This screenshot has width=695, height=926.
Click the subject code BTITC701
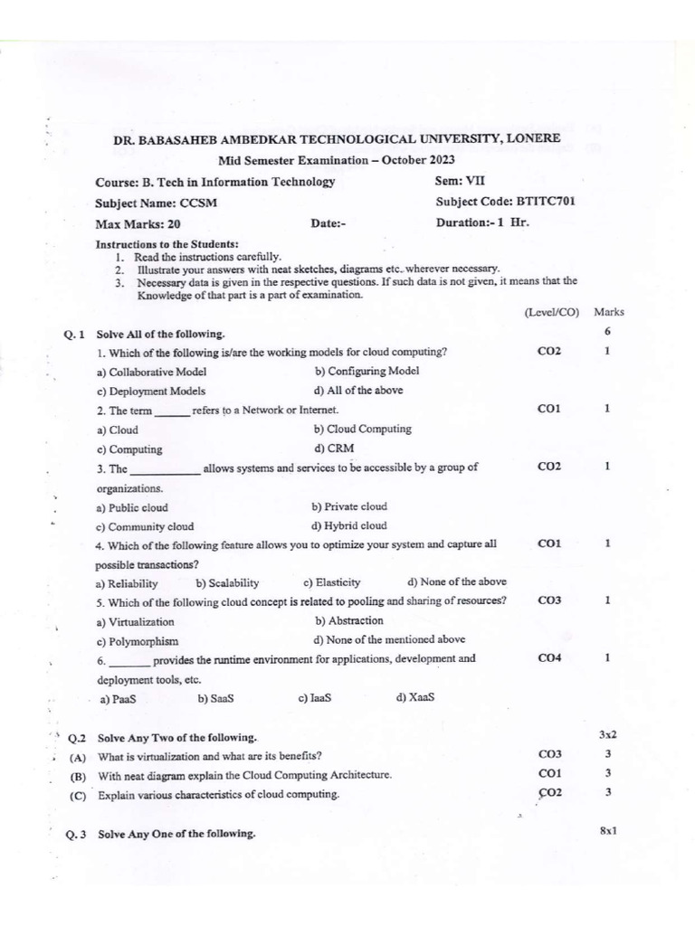(545, 202)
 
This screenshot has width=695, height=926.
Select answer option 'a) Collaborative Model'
(151, 372)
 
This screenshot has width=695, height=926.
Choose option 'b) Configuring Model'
(367, 371)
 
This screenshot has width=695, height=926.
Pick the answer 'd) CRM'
(334, 448)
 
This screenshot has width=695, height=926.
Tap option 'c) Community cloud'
(145, 526)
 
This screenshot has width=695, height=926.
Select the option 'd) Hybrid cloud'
(349, 525)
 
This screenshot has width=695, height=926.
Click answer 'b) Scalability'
(227, 583)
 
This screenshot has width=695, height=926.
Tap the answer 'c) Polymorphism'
(138, 641)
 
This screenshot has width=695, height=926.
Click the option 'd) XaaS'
(415, 697)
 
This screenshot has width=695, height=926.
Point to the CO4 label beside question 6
(549, 658)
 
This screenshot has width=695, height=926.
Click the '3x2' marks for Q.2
(607, 734)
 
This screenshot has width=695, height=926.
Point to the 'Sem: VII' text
(460, 181)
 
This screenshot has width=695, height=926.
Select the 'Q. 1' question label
(74, 335)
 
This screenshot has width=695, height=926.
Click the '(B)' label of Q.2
(79, 776)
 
